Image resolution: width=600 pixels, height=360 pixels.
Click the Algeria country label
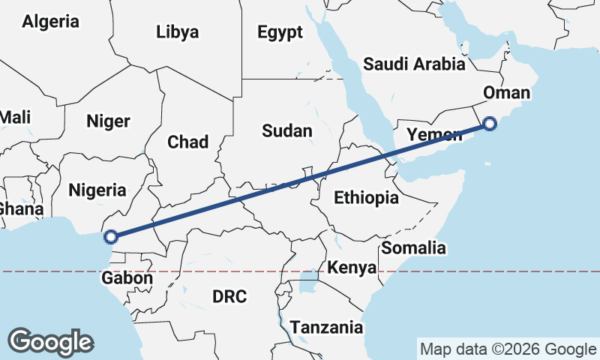click(50, 22)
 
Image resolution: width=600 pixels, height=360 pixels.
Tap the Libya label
click(178, 31)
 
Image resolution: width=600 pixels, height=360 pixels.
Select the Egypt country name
click(280, 31)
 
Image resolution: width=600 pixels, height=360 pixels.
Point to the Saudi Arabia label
click(414, 64)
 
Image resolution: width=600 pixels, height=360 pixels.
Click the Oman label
click(507, 93)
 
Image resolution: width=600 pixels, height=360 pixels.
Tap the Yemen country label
click(434, 135)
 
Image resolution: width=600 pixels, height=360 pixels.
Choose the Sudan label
click(287, 130)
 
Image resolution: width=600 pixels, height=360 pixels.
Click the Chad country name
click(187, 142)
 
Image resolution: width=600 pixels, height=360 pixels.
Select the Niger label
click(109, 121)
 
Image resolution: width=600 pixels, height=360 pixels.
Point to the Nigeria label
click(97, 190)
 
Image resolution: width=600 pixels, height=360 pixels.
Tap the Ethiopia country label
click(366, 198)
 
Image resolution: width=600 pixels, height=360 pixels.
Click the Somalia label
click(414, 247)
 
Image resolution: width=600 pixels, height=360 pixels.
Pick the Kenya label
click(352, 268)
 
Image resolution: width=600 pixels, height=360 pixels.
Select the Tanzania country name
click(326, 328)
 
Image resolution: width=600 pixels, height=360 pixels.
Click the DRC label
click(229, 296)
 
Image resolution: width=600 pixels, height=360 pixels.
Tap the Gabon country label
click(127, 278)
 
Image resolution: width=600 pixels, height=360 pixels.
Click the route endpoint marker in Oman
click(490, 124)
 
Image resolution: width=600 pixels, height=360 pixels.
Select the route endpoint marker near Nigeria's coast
click(110, 237)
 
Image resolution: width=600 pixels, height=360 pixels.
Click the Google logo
click(50, 342)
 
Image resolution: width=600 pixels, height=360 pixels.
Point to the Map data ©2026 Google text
click(508, 349)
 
